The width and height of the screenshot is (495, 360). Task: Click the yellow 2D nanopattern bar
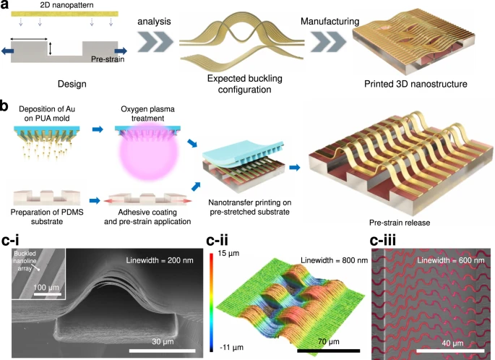tap(65, 14)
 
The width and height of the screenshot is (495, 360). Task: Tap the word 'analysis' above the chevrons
tap(154, 22)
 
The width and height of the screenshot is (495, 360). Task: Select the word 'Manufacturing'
tap(330, 21)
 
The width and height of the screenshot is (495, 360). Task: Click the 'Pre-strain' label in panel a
tap(108, 59)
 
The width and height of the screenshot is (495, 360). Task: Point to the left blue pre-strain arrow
tap(7, 51)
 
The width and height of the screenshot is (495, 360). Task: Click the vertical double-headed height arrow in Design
tap(50, 48)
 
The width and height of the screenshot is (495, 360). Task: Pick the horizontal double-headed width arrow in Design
tap(29, 39)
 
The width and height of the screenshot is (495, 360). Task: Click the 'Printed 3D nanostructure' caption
tap(416, 84)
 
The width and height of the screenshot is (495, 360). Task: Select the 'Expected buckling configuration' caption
tap(245, 84)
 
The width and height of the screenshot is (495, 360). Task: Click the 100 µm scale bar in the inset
tap(48, 294)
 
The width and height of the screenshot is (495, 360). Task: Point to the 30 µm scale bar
tap(163, 351)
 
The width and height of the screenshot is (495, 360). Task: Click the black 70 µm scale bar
tap(328, 351)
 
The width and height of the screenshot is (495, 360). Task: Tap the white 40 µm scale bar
tap(450, 351)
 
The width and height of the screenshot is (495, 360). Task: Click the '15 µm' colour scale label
tap(228, 253)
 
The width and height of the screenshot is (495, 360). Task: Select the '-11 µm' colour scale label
tap(231, 348)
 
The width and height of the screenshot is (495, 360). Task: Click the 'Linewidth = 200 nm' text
tap(160, 260)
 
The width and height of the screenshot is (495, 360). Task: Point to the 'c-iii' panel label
tap(382, 241)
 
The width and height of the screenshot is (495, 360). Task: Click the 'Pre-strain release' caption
tap(400, 223)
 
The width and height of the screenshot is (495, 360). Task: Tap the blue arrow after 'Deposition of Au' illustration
tap(98, 129)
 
